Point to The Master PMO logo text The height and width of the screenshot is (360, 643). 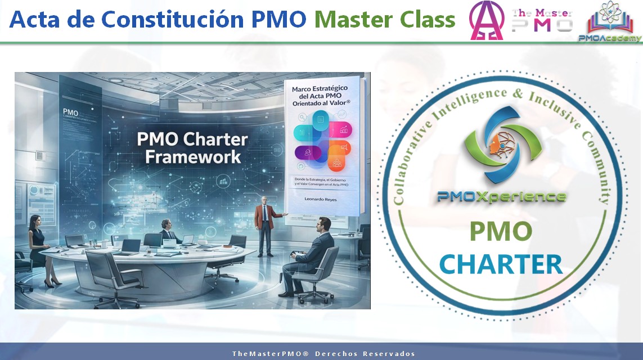pos(542,20)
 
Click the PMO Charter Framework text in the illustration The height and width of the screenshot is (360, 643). pos(193,148)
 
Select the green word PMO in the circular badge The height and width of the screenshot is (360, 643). pos(501,232)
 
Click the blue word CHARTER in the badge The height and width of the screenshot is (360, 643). pos(501,263)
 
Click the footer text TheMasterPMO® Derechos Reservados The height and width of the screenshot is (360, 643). pos(323,354)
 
